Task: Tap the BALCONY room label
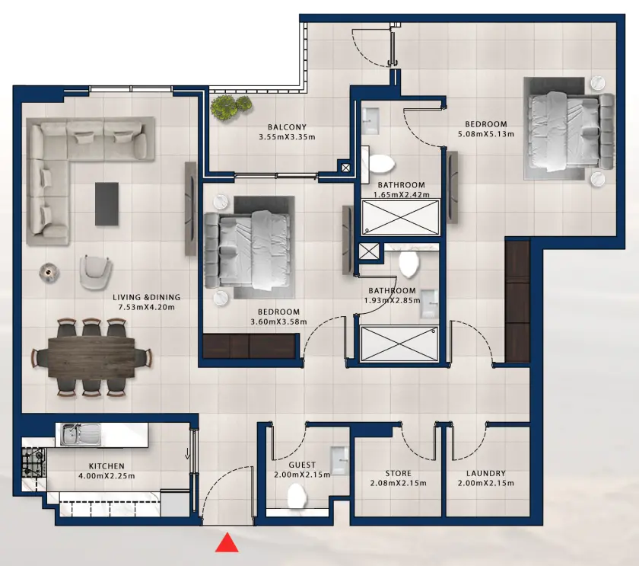(287, 127)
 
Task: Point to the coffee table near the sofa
(107, 203)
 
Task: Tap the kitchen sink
(80, 434)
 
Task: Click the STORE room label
(398, 473)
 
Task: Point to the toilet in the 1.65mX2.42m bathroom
(381, 162)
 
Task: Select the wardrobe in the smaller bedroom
(249, 347)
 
